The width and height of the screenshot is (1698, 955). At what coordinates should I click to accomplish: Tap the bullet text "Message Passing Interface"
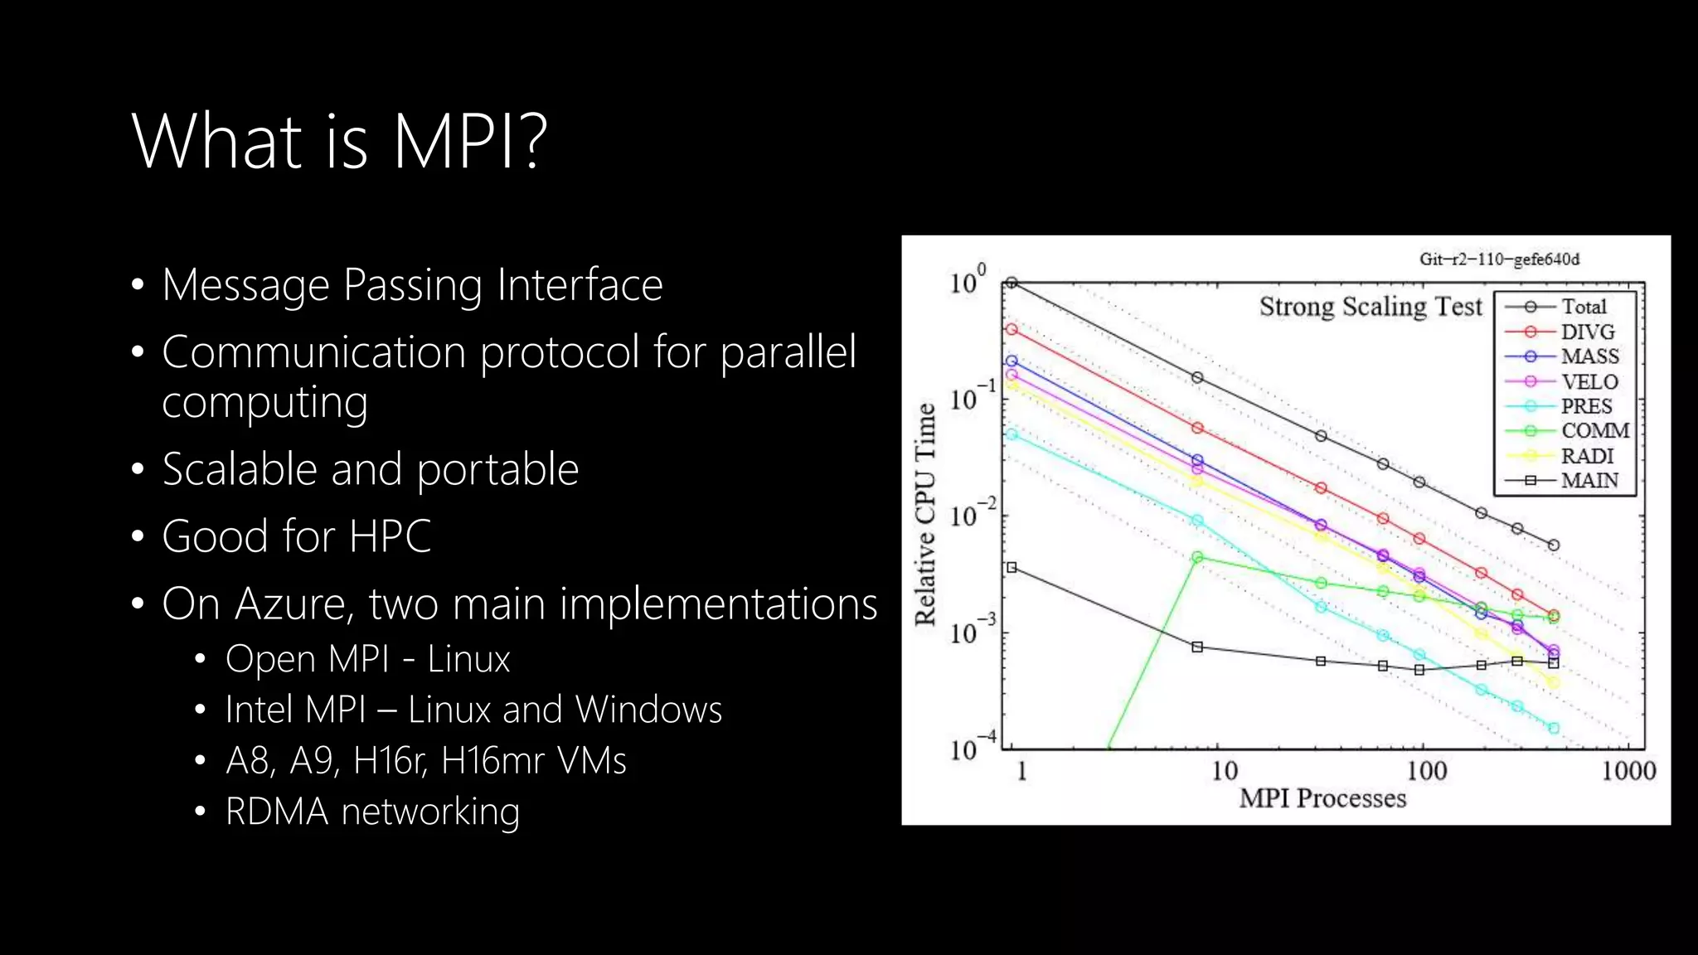pyautogui.click(x=412, y=285)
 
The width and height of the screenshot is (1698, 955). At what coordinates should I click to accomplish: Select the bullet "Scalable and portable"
pyautogui.click(x=370, y=469)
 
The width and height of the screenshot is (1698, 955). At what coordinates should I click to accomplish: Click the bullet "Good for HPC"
pyautogui.click(x=296, y=536)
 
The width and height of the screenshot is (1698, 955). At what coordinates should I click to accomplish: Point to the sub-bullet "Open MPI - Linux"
pyautogui.click(x=367, y=660)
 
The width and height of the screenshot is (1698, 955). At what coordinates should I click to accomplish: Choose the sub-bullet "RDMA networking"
pyautogui.click(x=372, y=812)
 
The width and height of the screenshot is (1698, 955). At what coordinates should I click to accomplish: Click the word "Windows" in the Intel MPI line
pyautogui.click(x=648, y=710)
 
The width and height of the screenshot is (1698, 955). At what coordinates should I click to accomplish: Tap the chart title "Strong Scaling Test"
pyautogui.click(x=1370, y=307)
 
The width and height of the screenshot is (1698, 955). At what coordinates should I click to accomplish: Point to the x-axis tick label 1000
pyautogui.click(x=1628, y=771)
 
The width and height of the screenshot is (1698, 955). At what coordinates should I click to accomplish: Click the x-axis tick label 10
pyautogui.click(x=1225, y=771)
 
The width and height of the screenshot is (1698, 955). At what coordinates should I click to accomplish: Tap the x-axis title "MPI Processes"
pyautogui.click(x=1322, y=798)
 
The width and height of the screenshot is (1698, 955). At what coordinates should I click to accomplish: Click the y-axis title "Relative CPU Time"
pyautogui.click(x=924, y=514)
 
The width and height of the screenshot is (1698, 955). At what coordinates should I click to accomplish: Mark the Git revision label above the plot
pyautogui.click(x=1499, y=259)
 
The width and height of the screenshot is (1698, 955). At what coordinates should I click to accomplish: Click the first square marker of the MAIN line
pyautogui.click(x=1012, y=568)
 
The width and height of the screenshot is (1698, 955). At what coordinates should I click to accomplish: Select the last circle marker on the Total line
pyautogui.click(x=1554, y=545)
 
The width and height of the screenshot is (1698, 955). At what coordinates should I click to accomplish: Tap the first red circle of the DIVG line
pyautogui.click(x=1012, y=329)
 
